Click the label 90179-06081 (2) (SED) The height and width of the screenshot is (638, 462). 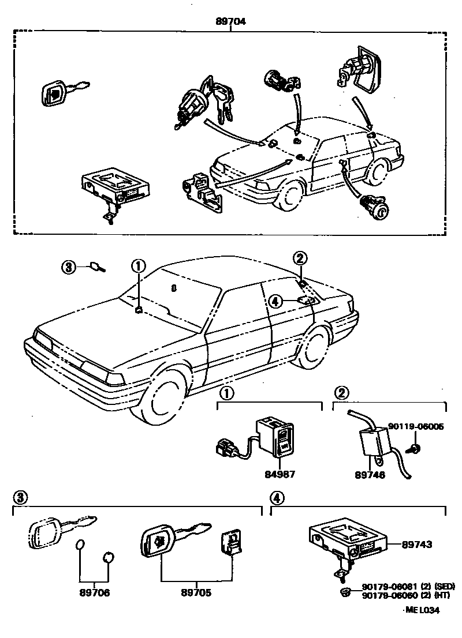(x=404, y=586)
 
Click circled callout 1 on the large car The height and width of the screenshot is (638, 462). (x=138, y=266)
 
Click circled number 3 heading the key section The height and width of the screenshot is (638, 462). (x=20, y=497)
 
